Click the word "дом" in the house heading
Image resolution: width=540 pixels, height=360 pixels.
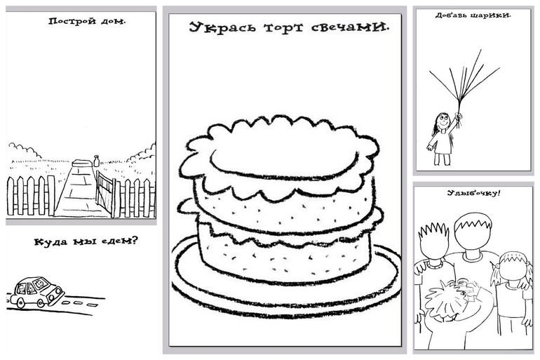[x=114, y=21]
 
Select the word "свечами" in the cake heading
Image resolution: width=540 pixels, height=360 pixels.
[x=352, y=28]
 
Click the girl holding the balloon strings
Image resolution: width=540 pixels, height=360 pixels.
[x=442, y=137]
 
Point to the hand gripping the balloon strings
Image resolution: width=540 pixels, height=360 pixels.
[x=458, y=116]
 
